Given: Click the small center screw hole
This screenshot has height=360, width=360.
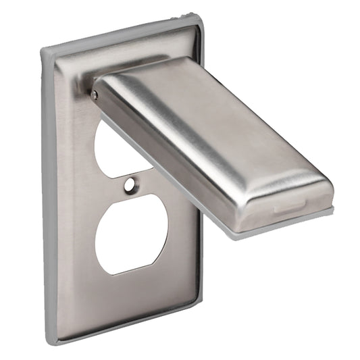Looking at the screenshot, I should pyautogui.click(x=129, y=182).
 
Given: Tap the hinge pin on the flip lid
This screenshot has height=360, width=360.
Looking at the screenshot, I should pyautogui.click(x=95, y=95).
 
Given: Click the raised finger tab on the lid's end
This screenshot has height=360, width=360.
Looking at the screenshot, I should pyautogui.click(x=289, y=210).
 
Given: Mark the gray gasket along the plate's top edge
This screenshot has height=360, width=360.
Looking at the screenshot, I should pyautogui.click(x=122, y=34).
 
